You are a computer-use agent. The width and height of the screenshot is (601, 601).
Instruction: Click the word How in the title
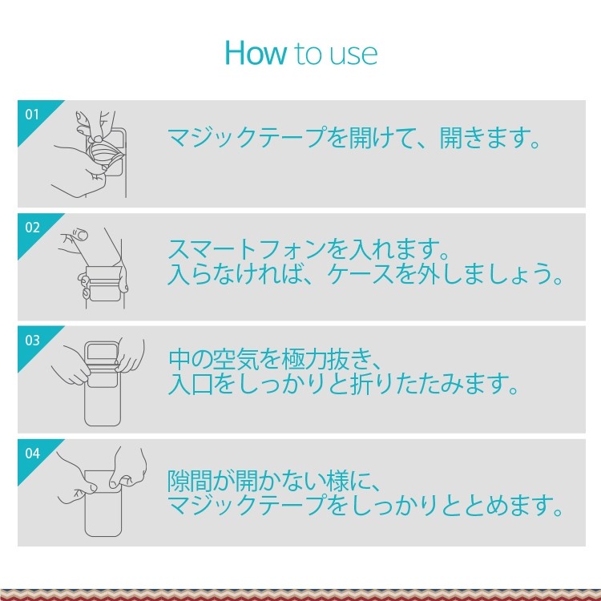[x=256, y=53]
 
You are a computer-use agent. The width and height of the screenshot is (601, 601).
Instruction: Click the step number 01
[x=32, y=115]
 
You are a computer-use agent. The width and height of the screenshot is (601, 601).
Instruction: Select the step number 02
[x=32, y=228]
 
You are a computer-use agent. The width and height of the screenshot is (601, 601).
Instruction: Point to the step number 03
[x=32, y=340]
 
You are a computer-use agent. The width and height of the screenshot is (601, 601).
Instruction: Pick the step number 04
[x=32, y=453]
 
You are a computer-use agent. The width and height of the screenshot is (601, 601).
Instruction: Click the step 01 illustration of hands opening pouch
[x=90, y=155]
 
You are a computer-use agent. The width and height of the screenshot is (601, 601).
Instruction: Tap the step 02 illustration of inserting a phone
[x=94, y=268]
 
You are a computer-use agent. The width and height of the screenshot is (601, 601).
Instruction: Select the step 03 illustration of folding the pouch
[x=98, y=381]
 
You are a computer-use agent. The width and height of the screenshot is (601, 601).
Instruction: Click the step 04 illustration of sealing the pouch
[x=102, y=491]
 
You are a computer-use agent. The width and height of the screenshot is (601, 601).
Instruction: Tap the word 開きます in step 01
[x=490, y=137]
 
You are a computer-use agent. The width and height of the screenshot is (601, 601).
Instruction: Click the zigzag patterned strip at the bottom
[x=300, y=595]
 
